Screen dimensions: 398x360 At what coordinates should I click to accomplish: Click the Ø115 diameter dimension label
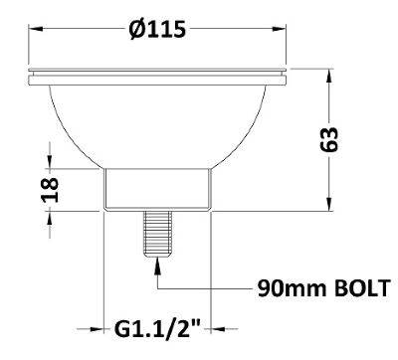click(157, 29)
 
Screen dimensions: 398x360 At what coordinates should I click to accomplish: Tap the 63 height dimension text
click(329, 139)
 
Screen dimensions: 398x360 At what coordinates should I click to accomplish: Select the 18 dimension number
click(50, 190)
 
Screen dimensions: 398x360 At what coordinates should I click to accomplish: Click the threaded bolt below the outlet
click(158, 234)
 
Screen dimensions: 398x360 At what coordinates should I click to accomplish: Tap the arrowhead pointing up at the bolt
click(157, 267)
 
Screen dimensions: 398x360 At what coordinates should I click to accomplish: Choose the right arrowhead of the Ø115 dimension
click(279, 29)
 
